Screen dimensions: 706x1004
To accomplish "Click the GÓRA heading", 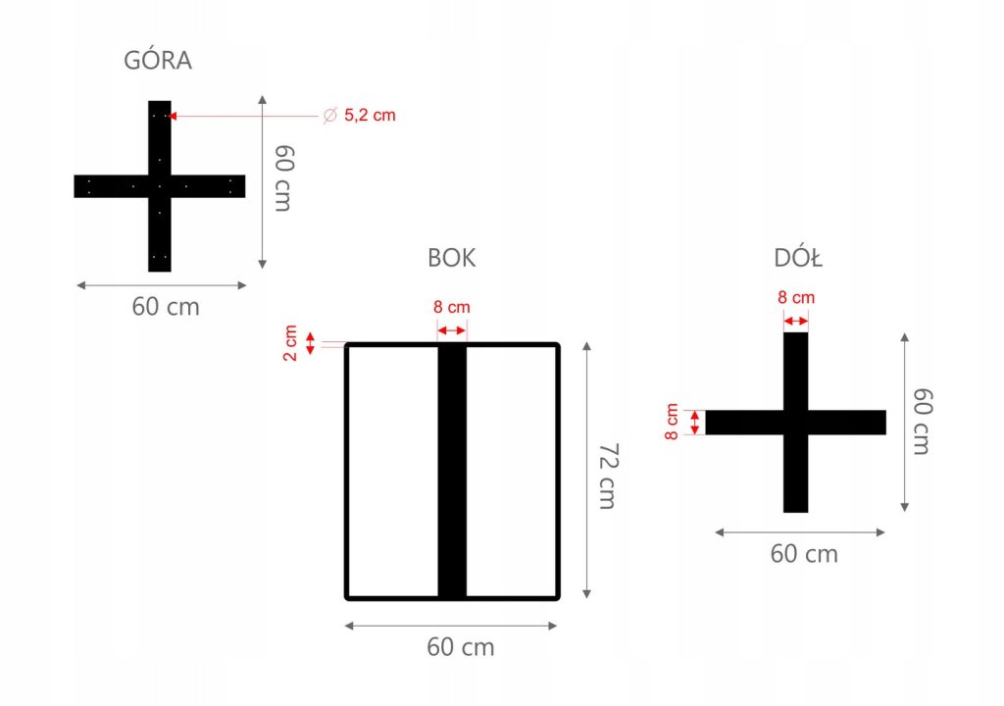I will (x=158, y=61).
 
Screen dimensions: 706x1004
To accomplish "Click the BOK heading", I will (x=452, y=258).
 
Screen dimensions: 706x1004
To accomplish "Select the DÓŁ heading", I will (x=797, y=259).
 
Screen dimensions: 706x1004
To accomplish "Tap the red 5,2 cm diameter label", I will (x=370, y=116).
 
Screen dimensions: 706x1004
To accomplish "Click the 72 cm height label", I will (x=608, y=476).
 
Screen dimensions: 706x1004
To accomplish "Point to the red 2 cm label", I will (x=291, y=343).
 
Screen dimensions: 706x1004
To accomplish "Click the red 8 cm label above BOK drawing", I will (x=451, y=307).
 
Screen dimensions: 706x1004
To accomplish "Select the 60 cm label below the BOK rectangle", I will (x=461, y=647).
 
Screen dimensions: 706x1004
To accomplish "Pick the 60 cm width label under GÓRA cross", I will (x=166, y=307).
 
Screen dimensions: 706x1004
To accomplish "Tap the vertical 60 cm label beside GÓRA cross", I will (x=283, y=178).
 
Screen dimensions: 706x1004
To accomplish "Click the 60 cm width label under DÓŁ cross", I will (x=804, y=554).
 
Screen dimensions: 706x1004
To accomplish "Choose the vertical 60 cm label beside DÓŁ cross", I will (x=922, y=422).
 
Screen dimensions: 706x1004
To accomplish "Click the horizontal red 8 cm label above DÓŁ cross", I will (x=796, y=297).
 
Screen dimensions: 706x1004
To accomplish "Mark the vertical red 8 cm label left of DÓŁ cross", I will (x=672, y=422).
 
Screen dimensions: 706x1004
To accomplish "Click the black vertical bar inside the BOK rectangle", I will (x=452, y=471).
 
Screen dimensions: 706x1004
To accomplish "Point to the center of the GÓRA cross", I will (x=160, y=185).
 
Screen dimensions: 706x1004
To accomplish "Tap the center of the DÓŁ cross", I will (x=796, y=423).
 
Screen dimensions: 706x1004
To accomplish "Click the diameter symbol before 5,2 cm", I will (x=329, y=116).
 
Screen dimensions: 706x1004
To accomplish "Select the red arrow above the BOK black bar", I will (x=452, y=331).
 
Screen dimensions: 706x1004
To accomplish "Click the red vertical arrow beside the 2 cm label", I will (x=311, y=343).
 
